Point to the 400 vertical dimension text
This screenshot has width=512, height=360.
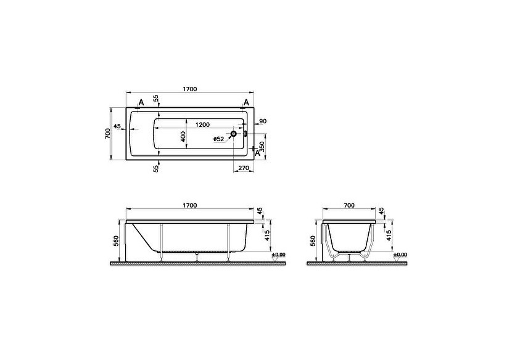pyautogui.click(x=183, y=137)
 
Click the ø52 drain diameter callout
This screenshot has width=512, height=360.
pyautogui.click(x=218, y=139)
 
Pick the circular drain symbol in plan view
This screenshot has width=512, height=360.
pyautogui.click(x=234, y=133)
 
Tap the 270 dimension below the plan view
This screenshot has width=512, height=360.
pyautogui.click(x=243, y=167)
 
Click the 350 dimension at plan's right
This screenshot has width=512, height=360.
pyautogui.click(x=262, y=147)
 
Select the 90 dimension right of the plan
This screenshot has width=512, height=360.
pyautogui.click(x=262, y=121)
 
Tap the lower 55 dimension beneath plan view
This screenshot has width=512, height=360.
pyautogui.click(x=156, y=168)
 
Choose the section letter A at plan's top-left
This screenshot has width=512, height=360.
pyautogui.click(x=141, y=102)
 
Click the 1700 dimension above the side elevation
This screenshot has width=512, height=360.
pyautogui.click(x=189, y=205)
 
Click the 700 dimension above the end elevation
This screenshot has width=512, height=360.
pyautogui.click(x=349, y=205)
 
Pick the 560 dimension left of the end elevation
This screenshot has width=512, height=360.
pyautogui.click(x=313, y=240)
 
